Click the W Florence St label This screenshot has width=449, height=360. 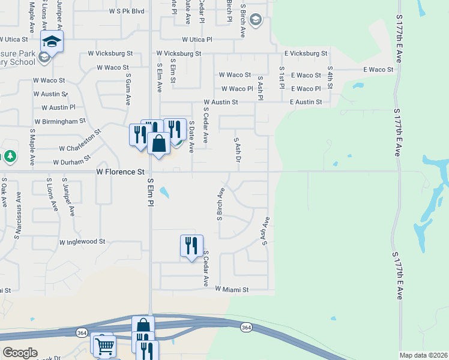[x=121, y=172]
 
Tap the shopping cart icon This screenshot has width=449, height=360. [x=104, y=345]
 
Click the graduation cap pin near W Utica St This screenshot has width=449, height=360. [x=52, y=42]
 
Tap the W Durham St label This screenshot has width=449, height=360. [x=71, y=162]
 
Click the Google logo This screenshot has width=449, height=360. [x=20, y=353]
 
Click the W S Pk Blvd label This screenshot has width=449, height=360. [x=127, y=11]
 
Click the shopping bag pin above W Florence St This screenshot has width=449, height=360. [x=158, y=144]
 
